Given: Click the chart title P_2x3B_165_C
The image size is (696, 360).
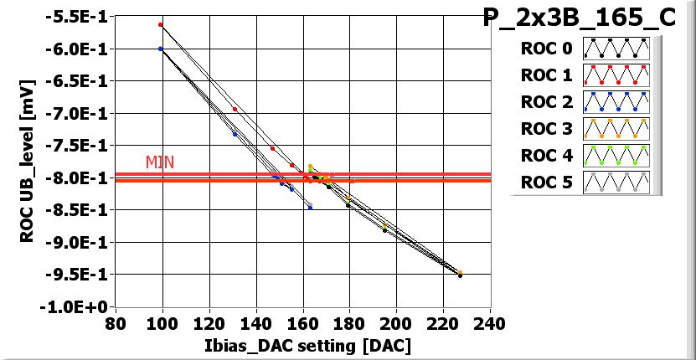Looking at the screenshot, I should (x=579, y=19).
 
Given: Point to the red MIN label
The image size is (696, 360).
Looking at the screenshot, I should (x=159, y=162).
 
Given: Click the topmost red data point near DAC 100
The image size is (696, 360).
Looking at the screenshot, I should (x=161, y=25).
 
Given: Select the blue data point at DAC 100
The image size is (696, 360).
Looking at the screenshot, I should (x=161, y=49).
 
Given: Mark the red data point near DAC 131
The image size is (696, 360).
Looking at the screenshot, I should (x=235, y=110).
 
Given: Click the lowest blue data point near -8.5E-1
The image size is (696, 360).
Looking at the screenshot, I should (x=310, y=207).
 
